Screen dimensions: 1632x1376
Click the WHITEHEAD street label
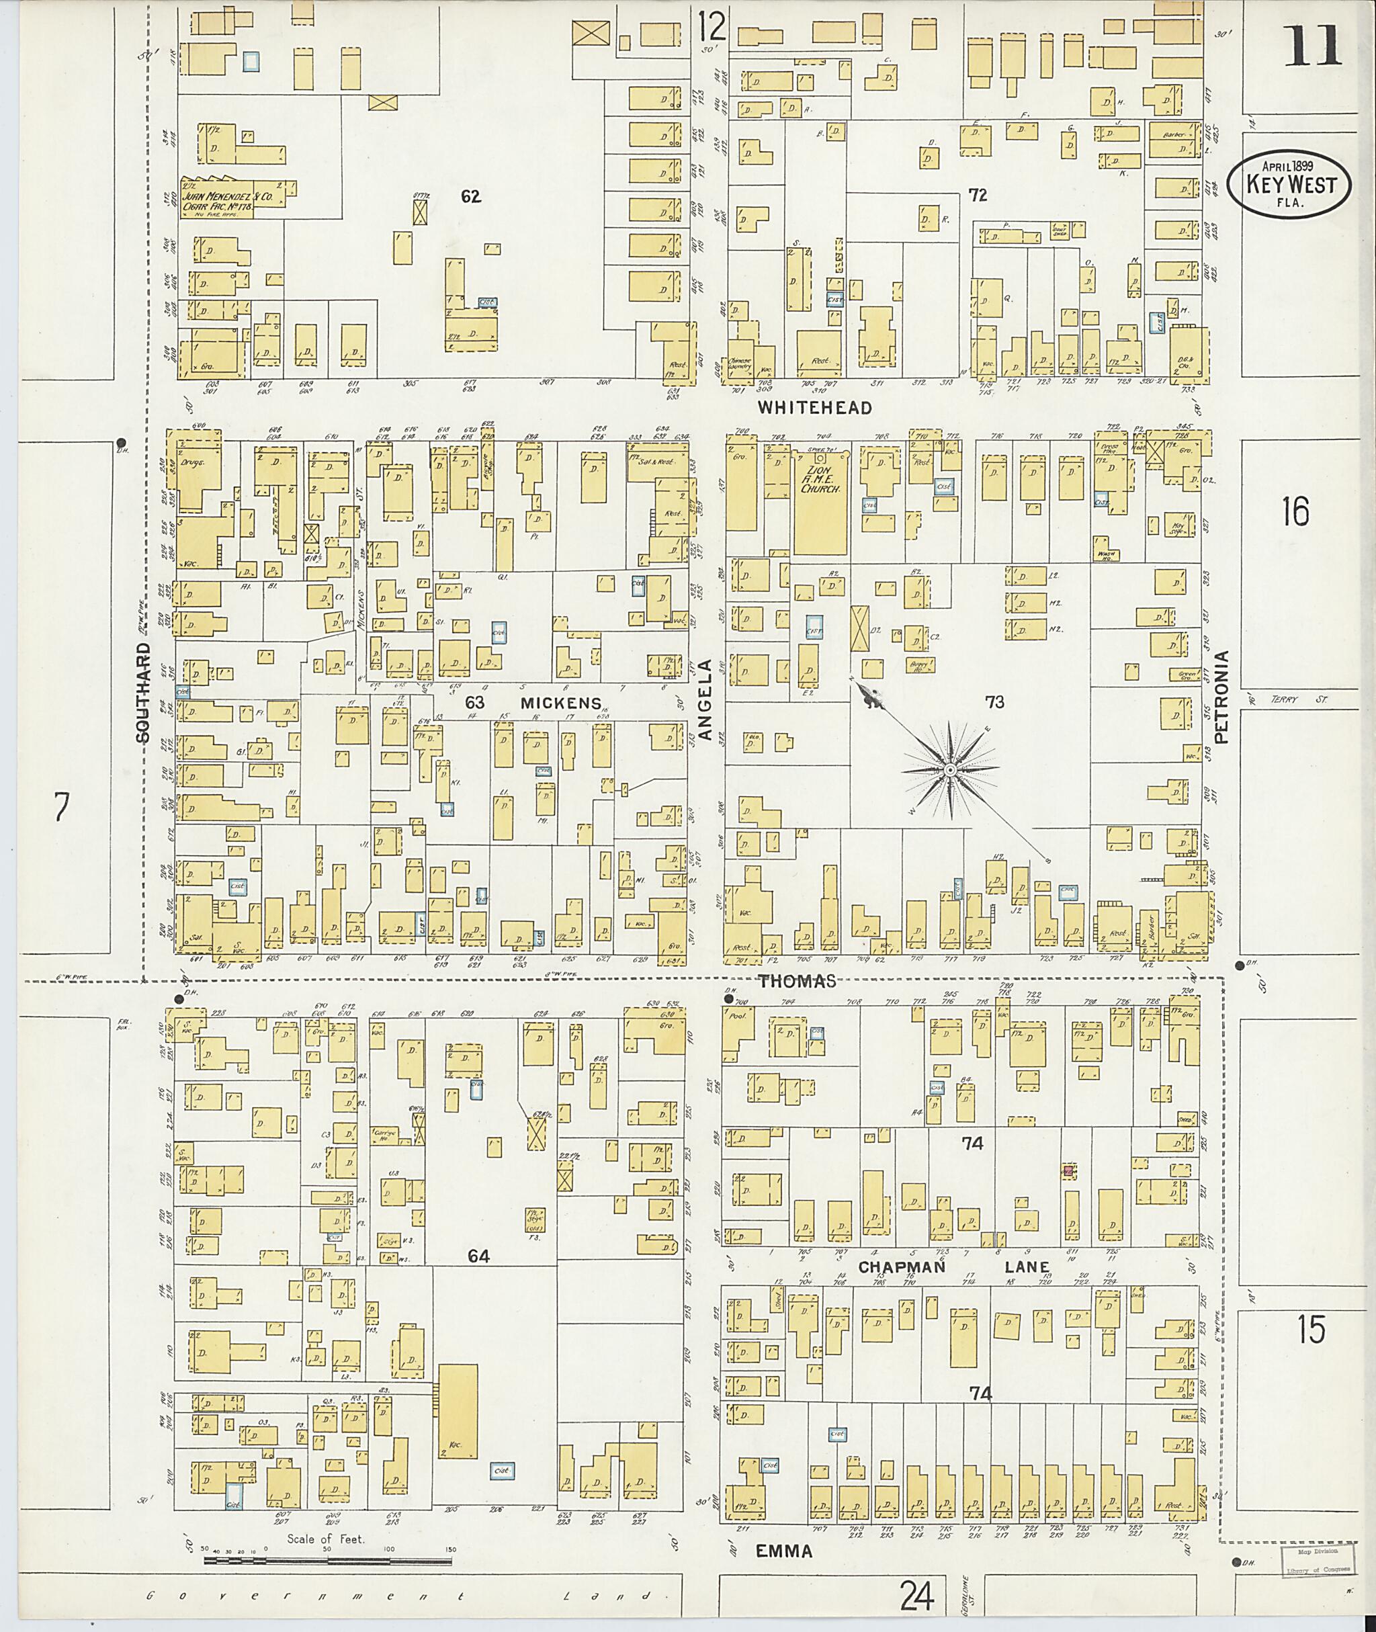point(814,408)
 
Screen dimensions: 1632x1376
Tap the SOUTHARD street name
point(142,693)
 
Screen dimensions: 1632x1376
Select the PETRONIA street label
point(1221,697)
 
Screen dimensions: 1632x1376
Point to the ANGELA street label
point(705,699)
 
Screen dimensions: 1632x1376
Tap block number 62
point(470,197)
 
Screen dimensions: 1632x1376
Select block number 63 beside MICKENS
point(475,702)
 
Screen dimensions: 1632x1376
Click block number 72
point(978,195)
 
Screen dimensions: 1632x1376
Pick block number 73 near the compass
point(994,702)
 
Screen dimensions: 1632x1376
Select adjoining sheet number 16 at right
point(1294,511)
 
